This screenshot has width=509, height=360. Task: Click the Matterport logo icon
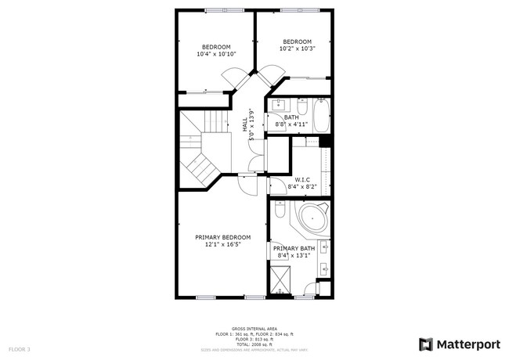(x=426, y=344)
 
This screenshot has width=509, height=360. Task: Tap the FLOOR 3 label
(x=20, y=348)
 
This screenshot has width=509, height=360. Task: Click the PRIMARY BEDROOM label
(x=222, y=237)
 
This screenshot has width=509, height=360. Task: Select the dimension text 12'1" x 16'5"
(x=222, y=244)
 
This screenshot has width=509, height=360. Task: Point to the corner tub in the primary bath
(x=312, y=220)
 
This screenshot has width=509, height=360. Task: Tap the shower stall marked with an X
(x=280, y=279)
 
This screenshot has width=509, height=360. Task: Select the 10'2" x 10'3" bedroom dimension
(x=297, y=49)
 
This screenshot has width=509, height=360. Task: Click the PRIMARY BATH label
(x=294, y=249)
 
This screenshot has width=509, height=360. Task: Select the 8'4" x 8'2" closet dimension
(x=301, y=187)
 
